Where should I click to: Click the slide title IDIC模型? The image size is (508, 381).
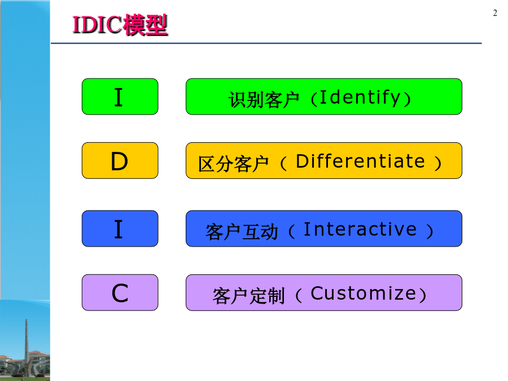pos(120,25)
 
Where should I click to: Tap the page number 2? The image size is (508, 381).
pos(494,13)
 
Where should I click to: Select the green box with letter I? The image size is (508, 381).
pos(120,97)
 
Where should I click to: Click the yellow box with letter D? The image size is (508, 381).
pos(120,161)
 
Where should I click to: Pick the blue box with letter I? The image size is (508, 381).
pos(120,229)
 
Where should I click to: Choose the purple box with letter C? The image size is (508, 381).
pos(120,292)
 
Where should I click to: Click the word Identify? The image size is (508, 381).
pos(360,98)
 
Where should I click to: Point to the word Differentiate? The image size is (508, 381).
pos(360,161)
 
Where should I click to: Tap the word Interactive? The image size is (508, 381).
pos(360,229)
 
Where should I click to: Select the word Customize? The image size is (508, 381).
pos(363,294)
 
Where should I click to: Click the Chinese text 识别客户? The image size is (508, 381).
pos(264,99)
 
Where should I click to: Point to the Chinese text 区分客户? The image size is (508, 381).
pos(233,164)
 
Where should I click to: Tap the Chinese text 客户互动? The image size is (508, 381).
pos(242,232)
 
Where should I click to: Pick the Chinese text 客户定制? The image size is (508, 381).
pos(249,296)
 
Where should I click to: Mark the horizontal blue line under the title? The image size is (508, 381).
pos(266,43)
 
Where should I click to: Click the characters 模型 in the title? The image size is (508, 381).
pos(146,25)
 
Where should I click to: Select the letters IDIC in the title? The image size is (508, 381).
pos(97,25)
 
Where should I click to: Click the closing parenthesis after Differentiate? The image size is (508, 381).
pos(437,163)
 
